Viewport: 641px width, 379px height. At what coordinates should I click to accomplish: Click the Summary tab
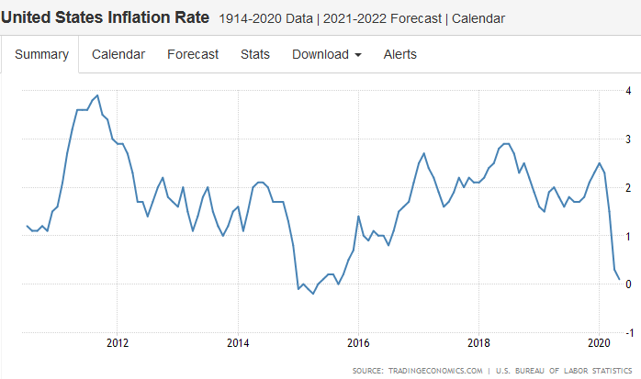[41, 54]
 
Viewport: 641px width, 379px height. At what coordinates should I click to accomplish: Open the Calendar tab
[118, 54]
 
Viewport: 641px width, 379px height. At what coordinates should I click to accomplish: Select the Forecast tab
[193, 54]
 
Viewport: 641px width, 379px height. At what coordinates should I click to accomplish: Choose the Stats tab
[255, 54]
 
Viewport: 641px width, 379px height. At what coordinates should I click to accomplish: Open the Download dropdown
[326, 54]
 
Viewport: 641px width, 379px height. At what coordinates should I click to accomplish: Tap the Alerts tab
[400, 54]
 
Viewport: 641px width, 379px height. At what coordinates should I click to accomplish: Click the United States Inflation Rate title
[106, 17]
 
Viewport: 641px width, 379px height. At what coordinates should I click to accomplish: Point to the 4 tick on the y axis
[628, 91]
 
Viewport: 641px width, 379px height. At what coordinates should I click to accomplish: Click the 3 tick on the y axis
[628, 139]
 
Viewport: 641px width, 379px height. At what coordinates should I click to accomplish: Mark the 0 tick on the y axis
[628, 284]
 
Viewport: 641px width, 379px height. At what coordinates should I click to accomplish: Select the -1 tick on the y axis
[626, 331]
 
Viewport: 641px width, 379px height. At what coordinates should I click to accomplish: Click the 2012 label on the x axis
[118, 344]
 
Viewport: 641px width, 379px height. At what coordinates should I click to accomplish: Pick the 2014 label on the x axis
[238, 344]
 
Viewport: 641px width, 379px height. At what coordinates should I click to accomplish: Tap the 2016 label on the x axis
[358, 344]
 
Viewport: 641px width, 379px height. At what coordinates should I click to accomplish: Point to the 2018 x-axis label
[478, 344]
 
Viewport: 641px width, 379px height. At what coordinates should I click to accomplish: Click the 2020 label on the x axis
[599, 344]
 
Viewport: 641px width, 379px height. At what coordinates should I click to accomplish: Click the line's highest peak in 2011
[97, 95]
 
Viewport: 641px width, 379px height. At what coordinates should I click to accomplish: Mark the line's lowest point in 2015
[313, 294]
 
